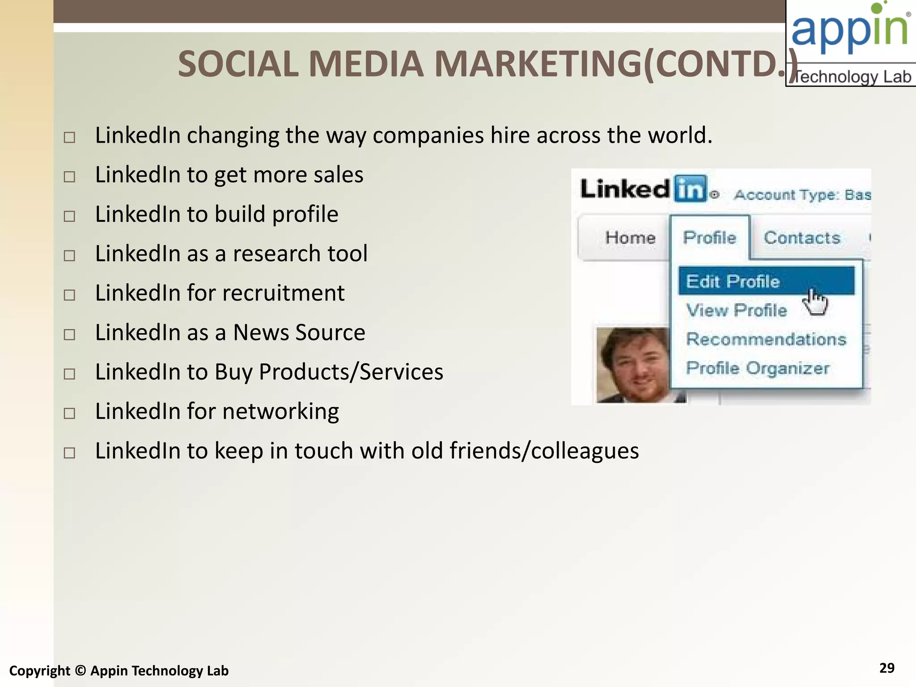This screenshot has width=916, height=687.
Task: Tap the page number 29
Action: pos(886,668)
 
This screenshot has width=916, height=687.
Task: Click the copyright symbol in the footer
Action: pos(80,671)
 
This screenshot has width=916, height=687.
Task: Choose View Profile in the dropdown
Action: pos(736,310)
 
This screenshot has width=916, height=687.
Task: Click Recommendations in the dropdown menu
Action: pos(766,339)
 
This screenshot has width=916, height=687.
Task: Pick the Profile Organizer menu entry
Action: pos(758,368)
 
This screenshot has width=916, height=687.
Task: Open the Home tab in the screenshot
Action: pos(630,238)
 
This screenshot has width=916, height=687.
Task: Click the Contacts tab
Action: pos(801,238)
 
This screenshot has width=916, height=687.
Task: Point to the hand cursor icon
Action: pos(815,302)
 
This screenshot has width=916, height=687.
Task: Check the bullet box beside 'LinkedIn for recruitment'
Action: pos(69,295)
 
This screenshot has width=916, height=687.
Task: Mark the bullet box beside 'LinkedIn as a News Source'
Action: pos(69,335)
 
